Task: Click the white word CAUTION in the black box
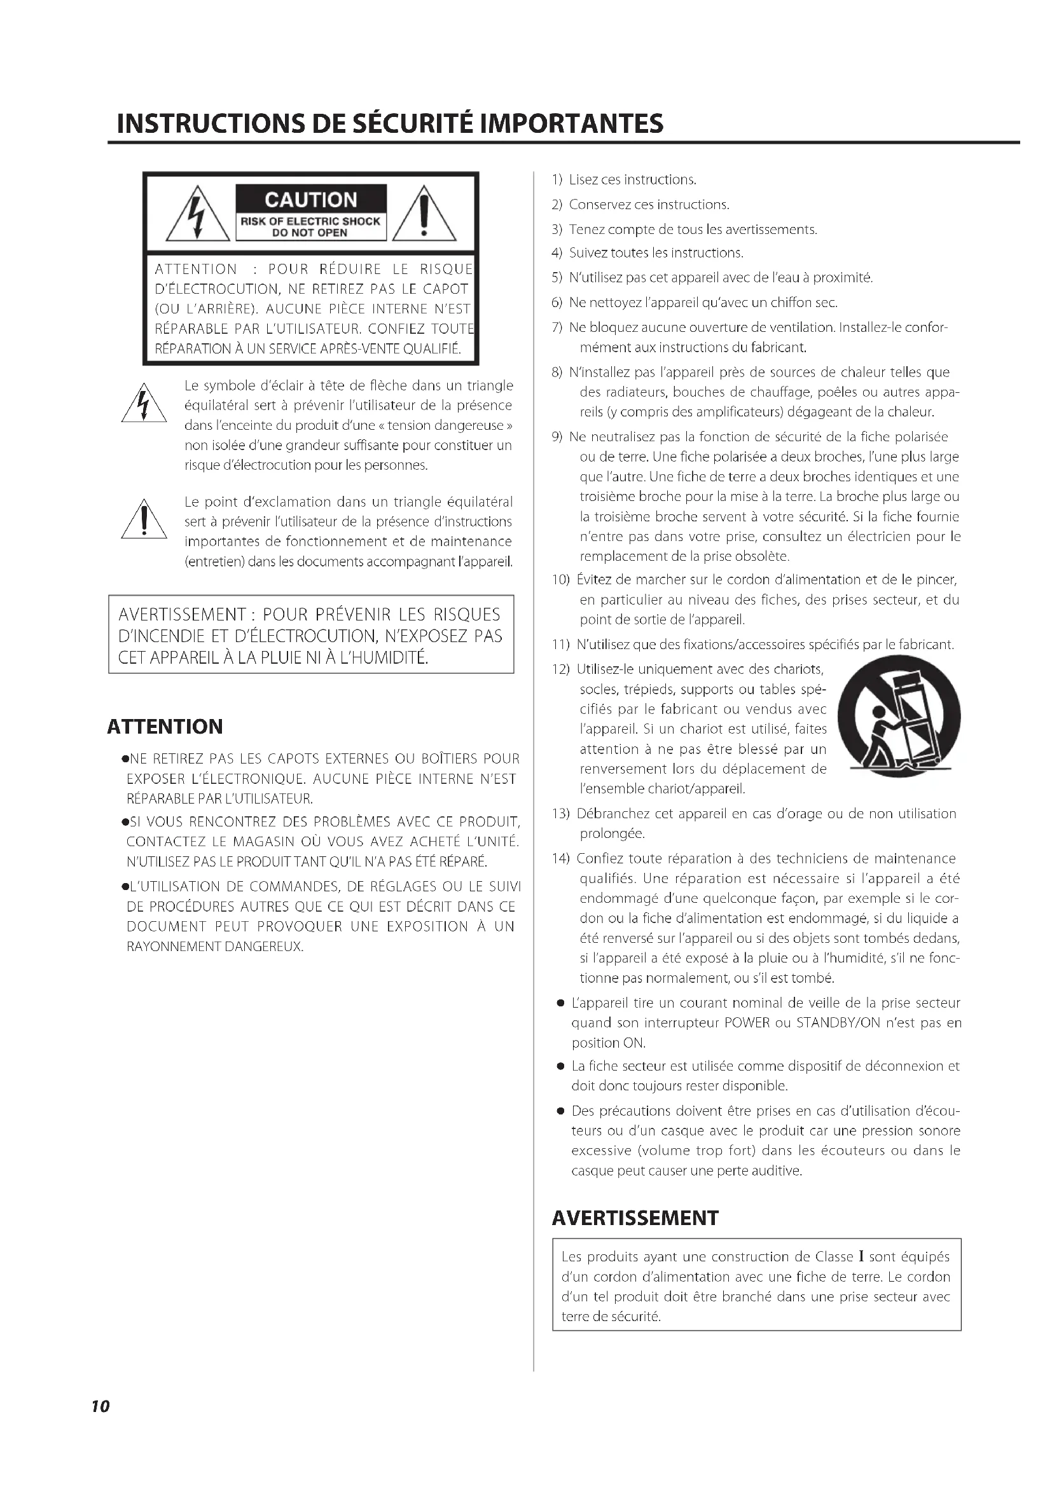[311, 200]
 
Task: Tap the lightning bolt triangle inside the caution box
[199, 215]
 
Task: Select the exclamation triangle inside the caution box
[424, 215]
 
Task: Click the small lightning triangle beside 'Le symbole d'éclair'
[144, 406]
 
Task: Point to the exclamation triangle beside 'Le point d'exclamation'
[144, 520]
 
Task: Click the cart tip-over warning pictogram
[899, 717]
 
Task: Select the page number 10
[100, 1406]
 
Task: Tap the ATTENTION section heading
[165, 727]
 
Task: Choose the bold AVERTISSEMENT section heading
[635, 1218]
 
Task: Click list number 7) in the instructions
[557, 327]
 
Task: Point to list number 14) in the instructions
[560, 859]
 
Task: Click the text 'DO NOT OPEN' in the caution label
[310, 233]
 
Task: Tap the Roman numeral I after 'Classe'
[862, 1257]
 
